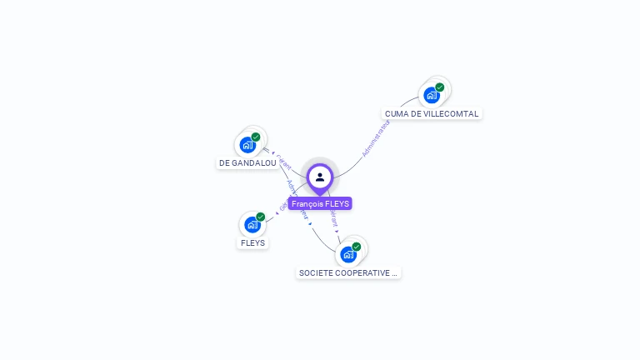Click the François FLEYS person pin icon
tap(320, 177)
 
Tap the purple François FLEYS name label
tap(320, 203)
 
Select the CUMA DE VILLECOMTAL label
tap(432, 113)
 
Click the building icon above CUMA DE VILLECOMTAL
tap(431, 95)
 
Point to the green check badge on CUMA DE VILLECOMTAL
tap(440, 87)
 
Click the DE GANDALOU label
tap(247, 163)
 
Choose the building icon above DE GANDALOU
tap(247, 145)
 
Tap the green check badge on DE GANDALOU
tap(256, 137)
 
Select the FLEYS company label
tap(252, 243)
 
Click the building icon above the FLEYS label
tap(252, 225)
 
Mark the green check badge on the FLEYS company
tap(261, 217)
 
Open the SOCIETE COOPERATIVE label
tap(348, 272)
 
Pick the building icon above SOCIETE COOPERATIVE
tap(348, 254)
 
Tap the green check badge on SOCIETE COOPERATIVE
tap(357, 247)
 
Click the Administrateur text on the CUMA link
tap(376, 138)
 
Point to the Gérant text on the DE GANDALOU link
tap(282, 159)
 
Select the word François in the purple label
tap(306, 203)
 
